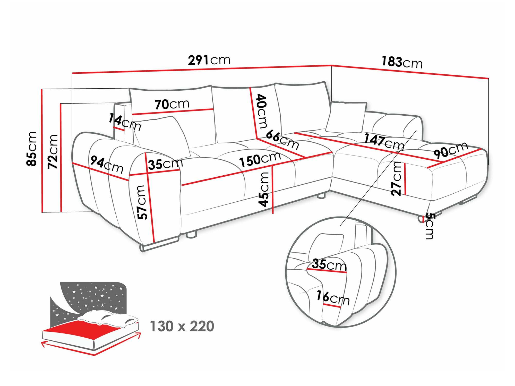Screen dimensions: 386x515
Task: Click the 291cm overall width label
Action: coord(209,61)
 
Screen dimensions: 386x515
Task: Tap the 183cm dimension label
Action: coord(402,63)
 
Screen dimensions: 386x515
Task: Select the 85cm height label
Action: coord(32,149)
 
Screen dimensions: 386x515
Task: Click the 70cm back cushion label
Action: coord(172,104)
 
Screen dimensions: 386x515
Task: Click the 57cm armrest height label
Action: coord(142,202)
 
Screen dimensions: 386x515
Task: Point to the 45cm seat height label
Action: coord(264,189)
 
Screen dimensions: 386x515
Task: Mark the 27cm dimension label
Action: coord(396,178)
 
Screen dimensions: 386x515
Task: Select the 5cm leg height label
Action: coord(429,226)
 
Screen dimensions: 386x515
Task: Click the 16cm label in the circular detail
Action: coord(333,298)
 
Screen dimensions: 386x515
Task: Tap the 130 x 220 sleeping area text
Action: coord(182,326)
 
